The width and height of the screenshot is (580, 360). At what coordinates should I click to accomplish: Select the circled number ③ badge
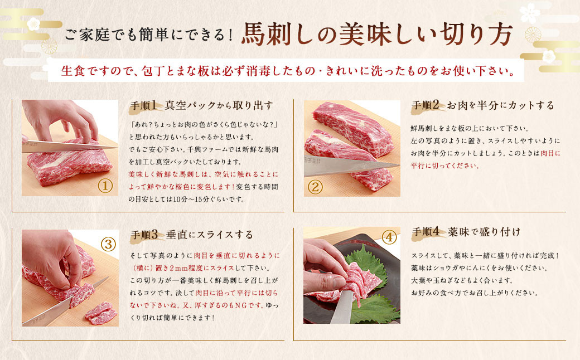[108, 243]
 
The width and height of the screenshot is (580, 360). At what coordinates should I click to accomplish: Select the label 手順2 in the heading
[427, 105]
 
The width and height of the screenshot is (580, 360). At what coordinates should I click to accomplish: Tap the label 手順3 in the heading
[146, 234]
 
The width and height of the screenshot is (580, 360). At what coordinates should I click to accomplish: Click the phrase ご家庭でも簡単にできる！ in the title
[148, 37]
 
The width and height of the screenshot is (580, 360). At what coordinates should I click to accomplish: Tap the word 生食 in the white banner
[75, 72]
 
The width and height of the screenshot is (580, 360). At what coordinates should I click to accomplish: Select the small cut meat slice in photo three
[101, 313]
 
